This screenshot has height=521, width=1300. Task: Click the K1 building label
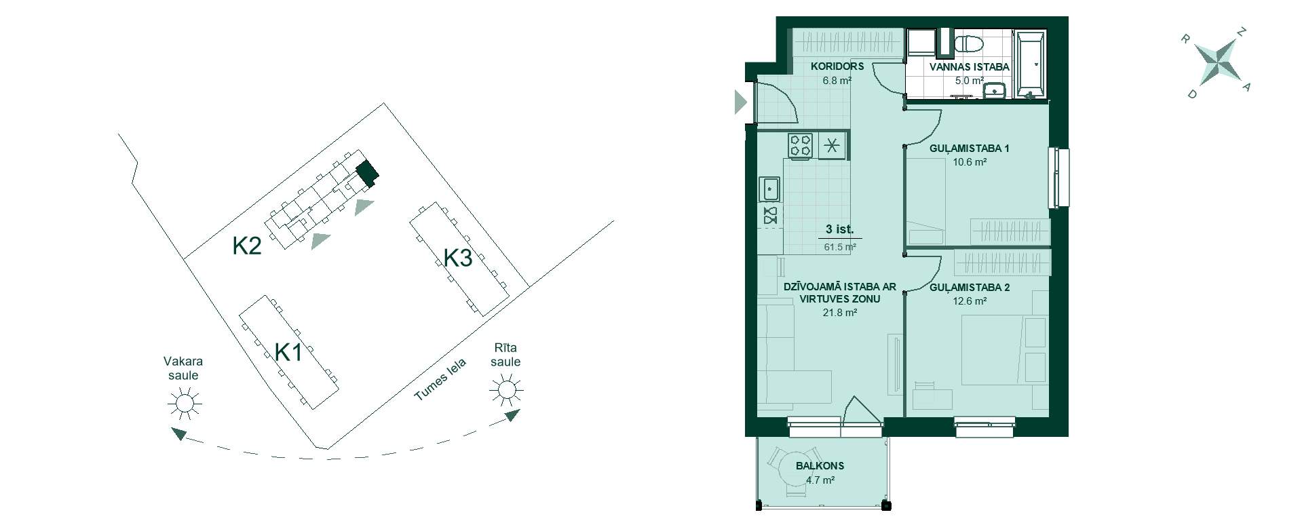click(x=288, y=352)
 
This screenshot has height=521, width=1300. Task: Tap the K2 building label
click(x=247, y=246)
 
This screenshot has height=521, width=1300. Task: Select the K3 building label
click(x=458, y=258)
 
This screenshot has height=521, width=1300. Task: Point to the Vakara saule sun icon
click(x=185, y=404)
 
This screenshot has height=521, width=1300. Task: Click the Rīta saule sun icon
click(x=507, y=391)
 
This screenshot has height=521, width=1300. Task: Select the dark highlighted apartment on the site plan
click(x=368, y=174)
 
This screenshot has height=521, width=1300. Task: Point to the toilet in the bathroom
click(x=968, y=45)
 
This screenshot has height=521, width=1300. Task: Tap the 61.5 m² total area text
click(x=839, y=247)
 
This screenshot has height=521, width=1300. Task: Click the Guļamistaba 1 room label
click(x=969, y=148)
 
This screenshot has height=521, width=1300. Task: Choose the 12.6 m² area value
click(x=970, y=301)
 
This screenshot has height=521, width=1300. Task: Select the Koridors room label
click(x=837, y=66)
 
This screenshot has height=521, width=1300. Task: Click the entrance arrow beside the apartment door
click(x=740, y=103)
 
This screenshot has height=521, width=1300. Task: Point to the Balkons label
click(x=820, y=466)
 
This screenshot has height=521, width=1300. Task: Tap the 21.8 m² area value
click(x=839, y=313)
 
